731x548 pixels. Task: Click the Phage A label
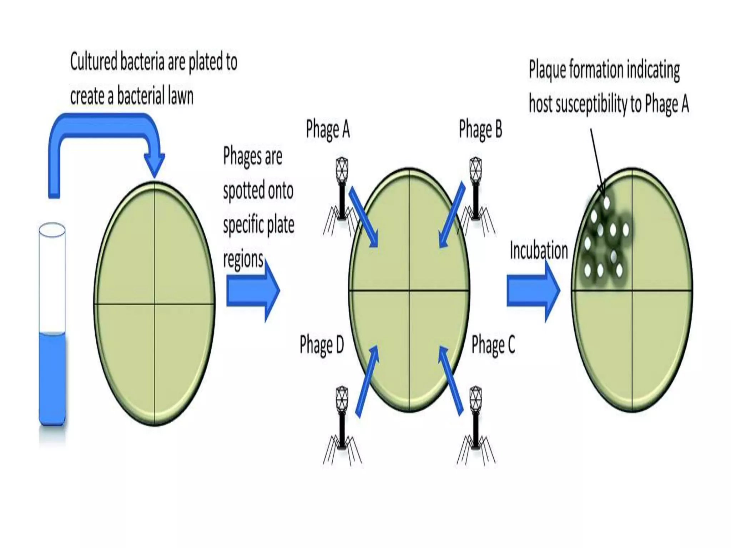click(x=328, y=130)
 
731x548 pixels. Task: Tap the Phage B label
click(x=480, y=130)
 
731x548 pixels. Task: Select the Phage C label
click(x=493, y=345)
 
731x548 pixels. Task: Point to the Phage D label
click(x=322, y=345)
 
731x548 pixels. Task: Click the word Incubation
click(x=539, y=250)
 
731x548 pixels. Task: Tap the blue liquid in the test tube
click(x=52, y=378)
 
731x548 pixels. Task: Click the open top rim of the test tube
click(x=52, y=230)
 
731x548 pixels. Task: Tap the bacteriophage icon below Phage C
click(x=475, y=425)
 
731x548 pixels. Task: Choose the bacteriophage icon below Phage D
click(x=342, y=425)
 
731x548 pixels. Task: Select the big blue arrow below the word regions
click(x=253, y=291)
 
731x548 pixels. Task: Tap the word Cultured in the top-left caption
click(x=94, y=62)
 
